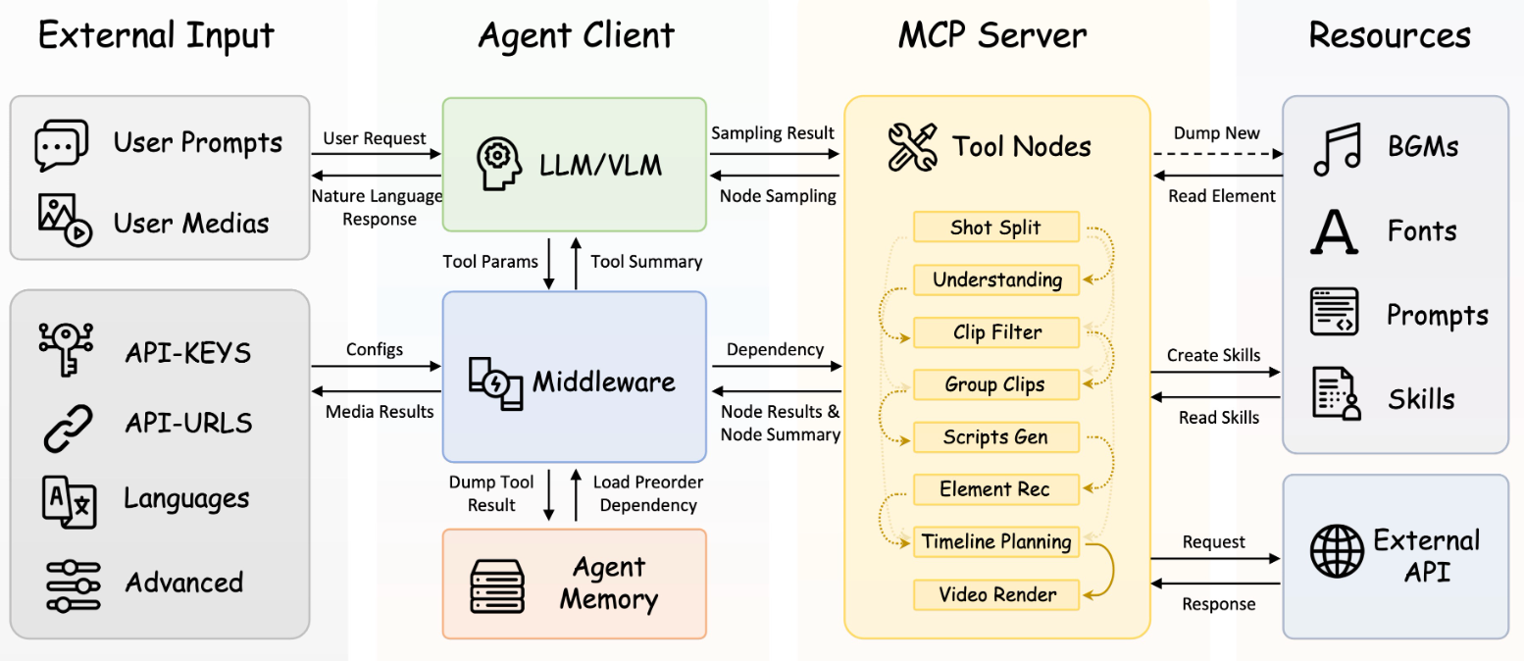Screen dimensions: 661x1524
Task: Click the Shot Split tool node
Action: [995, 228]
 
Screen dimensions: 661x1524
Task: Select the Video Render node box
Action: [995, 594]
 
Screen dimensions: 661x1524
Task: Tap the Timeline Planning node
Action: [995, 541]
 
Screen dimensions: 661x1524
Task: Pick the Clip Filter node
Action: [995, 332]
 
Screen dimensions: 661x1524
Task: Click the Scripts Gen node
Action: [995, 436]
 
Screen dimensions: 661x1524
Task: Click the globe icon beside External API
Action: [1337, 552]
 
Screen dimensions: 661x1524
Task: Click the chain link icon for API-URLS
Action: [68, 426]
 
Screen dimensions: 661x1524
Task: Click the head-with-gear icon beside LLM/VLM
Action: [498, 163]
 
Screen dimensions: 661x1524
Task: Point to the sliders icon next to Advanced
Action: [73, 585]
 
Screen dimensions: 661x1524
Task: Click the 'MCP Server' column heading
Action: [992, 35]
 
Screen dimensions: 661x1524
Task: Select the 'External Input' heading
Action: [156, 35]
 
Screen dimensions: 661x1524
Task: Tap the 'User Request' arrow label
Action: [375, 138]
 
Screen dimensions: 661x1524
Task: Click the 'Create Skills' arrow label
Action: [1213, 355]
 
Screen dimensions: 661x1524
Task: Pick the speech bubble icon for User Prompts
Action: [61, 145]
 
